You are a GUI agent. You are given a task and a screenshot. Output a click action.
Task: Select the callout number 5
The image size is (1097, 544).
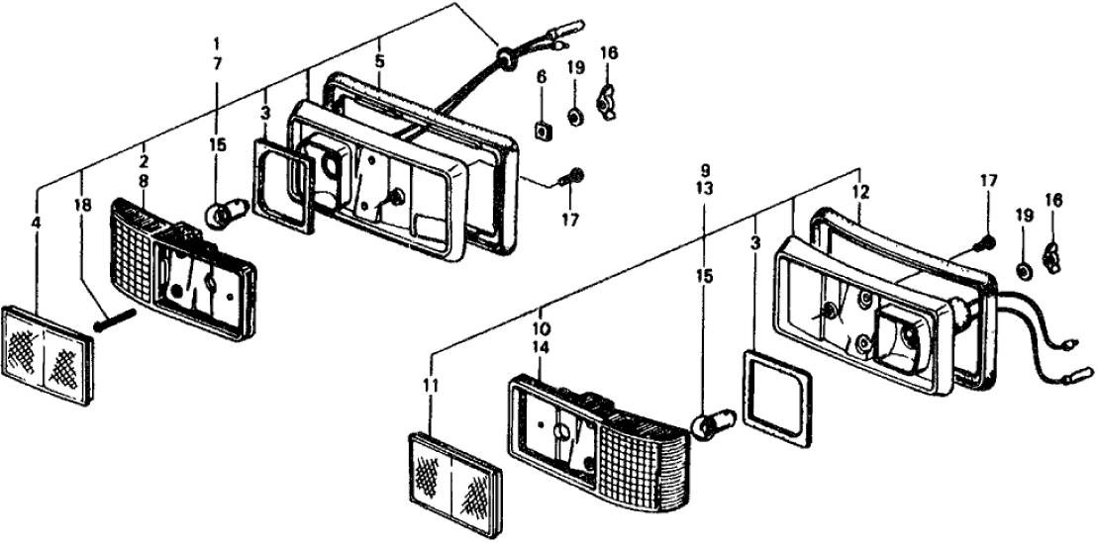coord(379,60)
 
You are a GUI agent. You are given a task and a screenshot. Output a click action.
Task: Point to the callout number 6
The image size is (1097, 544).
coord(542,77)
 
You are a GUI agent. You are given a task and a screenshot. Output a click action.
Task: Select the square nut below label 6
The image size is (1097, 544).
coord(543,128)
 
